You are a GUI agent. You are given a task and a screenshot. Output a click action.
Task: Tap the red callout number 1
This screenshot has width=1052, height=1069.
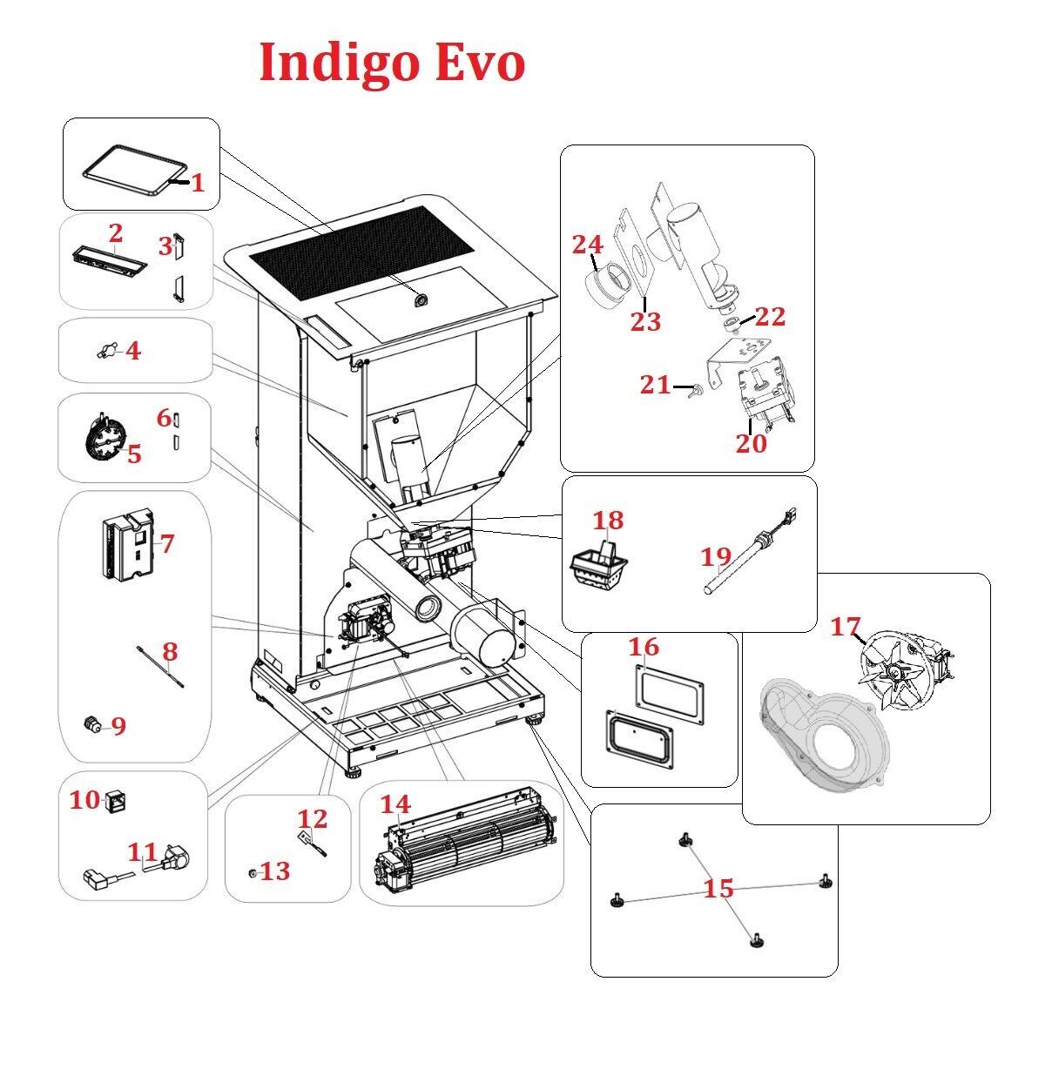[x=198, y=183]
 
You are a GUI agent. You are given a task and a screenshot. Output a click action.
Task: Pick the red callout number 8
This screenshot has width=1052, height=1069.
[x=170, y=650]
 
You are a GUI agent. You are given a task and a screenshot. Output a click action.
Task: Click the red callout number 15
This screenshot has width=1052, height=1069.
[x=718, y=889]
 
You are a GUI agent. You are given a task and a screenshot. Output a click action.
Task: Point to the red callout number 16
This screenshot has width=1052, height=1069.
[x=644, y=647]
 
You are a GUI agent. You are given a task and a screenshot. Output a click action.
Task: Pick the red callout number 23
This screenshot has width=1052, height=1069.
[x=646, y=321]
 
